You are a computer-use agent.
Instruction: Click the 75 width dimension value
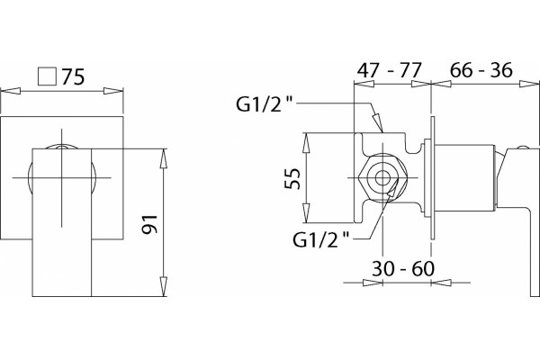(73, 76)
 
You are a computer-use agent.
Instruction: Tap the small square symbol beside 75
(47, 76)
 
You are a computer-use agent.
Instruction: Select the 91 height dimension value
(150, 224)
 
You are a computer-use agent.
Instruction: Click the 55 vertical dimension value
(292, 178)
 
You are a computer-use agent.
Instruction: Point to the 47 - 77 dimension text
(389, 70)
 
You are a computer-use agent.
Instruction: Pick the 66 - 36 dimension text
(481, 70)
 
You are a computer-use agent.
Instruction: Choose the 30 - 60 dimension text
(403, 268)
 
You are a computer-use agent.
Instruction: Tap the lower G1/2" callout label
(320, 239)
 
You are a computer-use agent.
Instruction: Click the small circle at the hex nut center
(382, 178)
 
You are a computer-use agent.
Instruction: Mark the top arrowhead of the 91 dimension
(163, 158)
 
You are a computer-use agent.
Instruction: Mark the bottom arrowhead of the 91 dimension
(163, 286)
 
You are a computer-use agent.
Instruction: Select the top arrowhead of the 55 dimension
(306, 142)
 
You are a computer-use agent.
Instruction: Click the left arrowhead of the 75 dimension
(11, 91)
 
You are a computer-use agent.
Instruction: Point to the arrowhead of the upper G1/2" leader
(378, 122)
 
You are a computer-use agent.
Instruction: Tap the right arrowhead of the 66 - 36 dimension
(529, 84)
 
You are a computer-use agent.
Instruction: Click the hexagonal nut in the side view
(382, 178)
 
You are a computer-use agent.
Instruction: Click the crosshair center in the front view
(61, 178)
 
